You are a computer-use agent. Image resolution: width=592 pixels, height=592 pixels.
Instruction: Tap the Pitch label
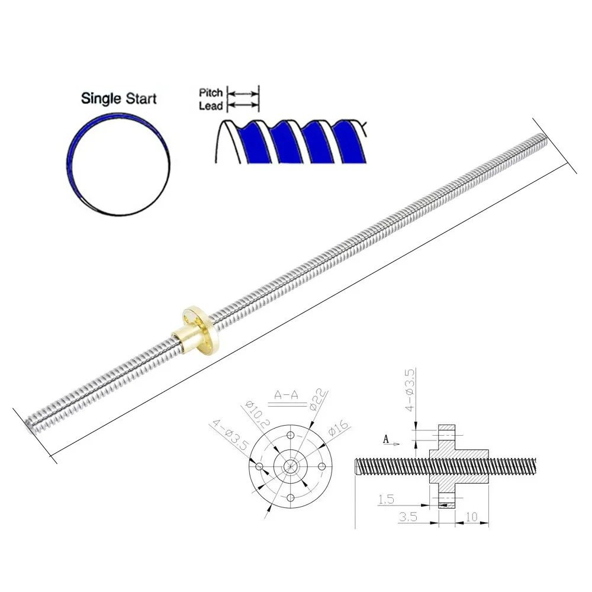[x=211, y=93]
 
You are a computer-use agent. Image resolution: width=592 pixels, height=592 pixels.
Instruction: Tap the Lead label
[x=211, y=105]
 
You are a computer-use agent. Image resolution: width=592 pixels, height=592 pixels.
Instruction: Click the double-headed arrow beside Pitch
[x=244, y=94]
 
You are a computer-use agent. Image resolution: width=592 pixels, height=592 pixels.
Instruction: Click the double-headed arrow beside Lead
[x=244, y=105]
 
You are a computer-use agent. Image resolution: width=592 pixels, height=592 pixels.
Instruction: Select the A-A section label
[x=285, y=395]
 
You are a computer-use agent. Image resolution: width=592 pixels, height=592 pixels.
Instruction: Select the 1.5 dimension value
[x=385, y=500]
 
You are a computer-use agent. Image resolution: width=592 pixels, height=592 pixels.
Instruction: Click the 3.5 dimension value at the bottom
[x=407, y=517]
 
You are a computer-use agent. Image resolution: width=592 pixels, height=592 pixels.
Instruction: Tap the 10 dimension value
[x=471, y=517]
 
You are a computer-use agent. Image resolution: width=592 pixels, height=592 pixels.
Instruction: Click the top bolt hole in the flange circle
[x=291, y=436]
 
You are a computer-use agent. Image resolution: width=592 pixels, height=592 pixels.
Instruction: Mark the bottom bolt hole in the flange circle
[x=291, y=497]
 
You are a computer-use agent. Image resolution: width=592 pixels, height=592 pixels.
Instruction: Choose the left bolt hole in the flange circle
[x=259, y=466]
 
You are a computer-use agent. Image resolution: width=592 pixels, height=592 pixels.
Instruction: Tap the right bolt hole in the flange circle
[x=322, y=466]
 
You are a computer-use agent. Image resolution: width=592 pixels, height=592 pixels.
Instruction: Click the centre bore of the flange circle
[x=291, y=466]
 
